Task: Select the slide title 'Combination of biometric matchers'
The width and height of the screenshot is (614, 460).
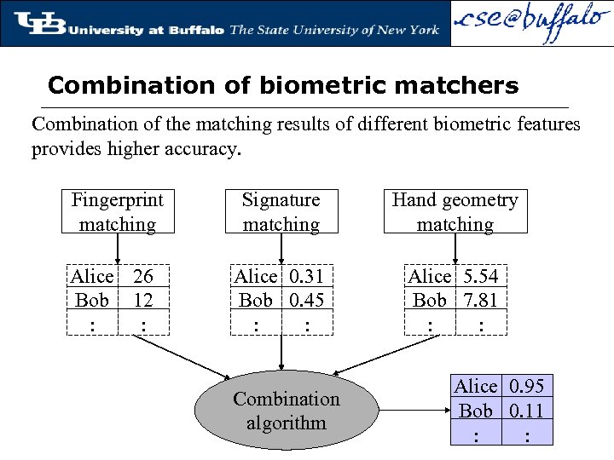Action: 283,86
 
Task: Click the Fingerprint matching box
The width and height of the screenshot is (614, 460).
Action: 118,211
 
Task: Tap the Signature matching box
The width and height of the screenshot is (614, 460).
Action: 281,211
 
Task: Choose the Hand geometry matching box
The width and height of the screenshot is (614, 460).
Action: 455,211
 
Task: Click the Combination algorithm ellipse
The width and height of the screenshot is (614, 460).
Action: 286,411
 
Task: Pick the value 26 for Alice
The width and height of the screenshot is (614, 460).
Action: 143,276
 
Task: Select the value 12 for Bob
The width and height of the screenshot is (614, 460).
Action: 143,300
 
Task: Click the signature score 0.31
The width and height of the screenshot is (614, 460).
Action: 306,276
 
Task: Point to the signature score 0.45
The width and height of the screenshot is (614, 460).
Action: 306,300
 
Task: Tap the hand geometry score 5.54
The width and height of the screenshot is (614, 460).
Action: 480,276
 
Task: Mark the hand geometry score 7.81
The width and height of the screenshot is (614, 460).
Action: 480,300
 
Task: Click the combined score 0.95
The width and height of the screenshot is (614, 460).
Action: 526,386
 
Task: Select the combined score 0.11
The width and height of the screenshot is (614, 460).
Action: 526,411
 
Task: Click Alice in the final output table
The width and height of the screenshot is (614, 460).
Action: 476,386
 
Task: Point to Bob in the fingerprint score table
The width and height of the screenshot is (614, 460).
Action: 92,300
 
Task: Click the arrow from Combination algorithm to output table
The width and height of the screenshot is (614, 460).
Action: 413,411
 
